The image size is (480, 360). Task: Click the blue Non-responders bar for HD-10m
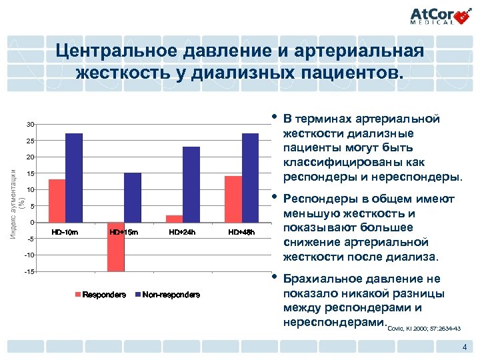click(74, 177)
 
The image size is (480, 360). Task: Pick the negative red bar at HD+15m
click(115, 247)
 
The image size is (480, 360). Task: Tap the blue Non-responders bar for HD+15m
click(133, 197)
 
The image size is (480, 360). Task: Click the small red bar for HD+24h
click(174, 219)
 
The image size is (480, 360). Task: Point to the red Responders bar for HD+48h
click(233, 199)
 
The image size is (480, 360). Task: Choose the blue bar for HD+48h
click(250, 177)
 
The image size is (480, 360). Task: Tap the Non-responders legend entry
click(167, 295)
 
